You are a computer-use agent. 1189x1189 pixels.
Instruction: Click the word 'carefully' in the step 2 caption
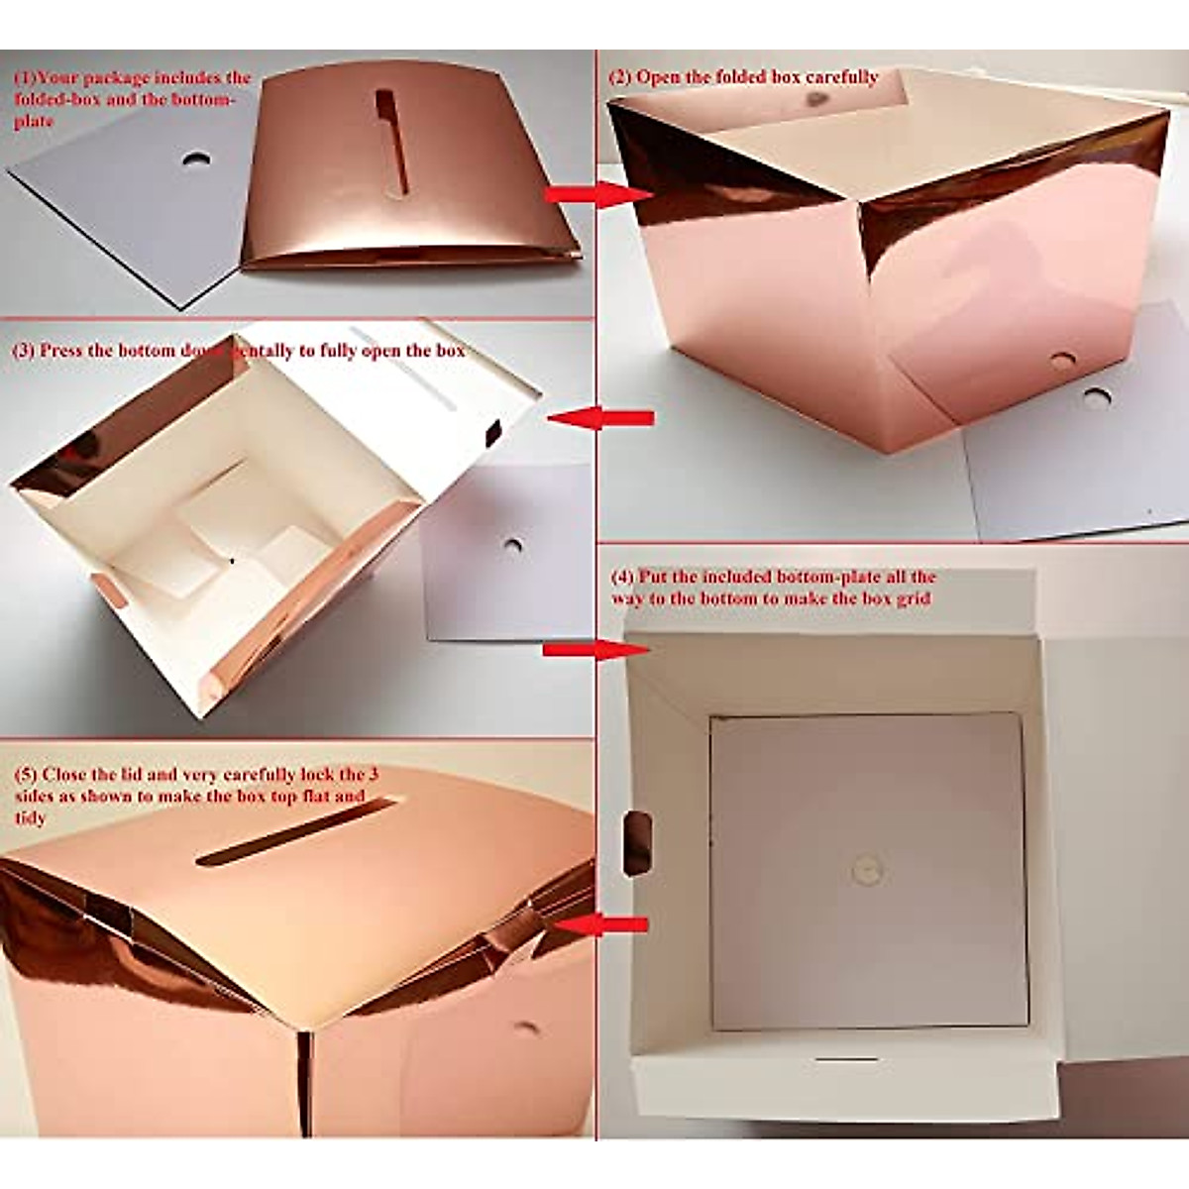841,76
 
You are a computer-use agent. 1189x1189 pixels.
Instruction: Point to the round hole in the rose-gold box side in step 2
1063,363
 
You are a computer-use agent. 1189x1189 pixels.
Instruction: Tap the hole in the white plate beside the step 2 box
1096,398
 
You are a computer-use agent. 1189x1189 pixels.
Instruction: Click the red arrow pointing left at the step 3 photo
599,418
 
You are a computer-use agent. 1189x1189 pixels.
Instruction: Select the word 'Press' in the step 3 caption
66,351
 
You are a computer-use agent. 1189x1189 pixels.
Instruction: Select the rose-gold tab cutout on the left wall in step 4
638,842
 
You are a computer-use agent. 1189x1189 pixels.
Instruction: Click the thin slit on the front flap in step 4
846,1059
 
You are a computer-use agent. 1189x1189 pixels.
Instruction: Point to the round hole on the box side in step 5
525,1028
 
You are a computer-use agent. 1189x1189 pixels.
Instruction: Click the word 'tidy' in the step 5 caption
30,818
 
